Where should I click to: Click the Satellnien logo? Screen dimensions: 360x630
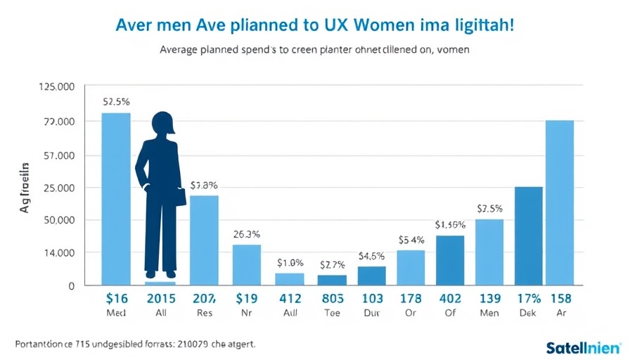click(x=583, y=347)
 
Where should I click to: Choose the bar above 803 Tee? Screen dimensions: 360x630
click(x=332, y=279)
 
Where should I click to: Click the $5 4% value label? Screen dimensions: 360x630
click(x=411, y=240)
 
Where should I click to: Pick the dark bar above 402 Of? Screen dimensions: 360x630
click(x=450, y=259)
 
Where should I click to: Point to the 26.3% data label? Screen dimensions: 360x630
click(x=246, y=234)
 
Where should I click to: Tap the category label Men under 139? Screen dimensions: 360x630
click(x=489, y=314)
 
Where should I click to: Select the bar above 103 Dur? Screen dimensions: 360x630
click(x=371, y=275)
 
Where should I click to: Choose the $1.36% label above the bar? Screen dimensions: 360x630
click(x=450, y=225)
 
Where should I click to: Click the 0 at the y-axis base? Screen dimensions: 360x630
click(x=71, y=285)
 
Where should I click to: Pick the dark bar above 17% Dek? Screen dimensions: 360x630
click(x=529, y=236)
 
